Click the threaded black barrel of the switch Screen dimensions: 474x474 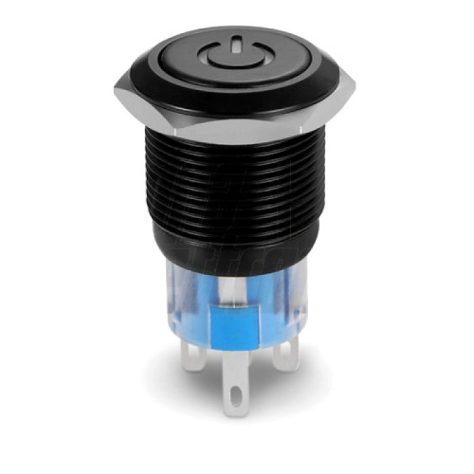coord(237,190)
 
